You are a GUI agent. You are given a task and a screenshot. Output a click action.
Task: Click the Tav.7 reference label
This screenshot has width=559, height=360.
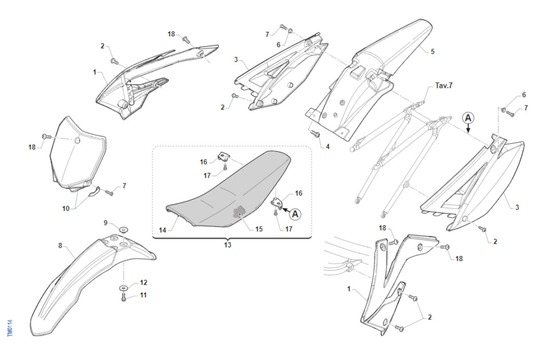(x=444, y=85)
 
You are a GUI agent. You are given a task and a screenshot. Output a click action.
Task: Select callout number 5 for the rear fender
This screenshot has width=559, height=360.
(x=432, y=51)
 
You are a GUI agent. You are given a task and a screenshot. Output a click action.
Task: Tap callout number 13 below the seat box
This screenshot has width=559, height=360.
(x=227, y=245)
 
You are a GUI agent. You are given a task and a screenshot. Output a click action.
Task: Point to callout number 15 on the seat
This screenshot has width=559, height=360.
(x=259, y=229)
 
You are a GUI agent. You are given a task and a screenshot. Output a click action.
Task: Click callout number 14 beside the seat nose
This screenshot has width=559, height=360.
(x=162, y=230)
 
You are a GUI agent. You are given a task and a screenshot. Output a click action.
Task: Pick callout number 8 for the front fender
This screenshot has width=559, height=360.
(x=60, y=246)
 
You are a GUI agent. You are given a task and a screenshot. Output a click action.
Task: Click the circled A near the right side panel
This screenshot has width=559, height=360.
(x=468, y=118)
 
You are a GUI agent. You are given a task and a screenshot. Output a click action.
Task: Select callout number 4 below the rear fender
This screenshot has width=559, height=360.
(x=327, y=146)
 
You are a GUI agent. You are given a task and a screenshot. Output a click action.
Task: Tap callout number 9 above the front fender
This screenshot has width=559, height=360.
(x=106, y=222)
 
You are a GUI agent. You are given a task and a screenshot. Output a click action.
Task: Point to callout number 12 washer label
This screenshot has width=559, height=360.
(x=143, y=282)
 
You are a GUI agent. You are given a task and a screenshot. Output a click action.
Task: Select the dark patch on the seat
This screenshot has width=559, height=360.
(x=240, y=212)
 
